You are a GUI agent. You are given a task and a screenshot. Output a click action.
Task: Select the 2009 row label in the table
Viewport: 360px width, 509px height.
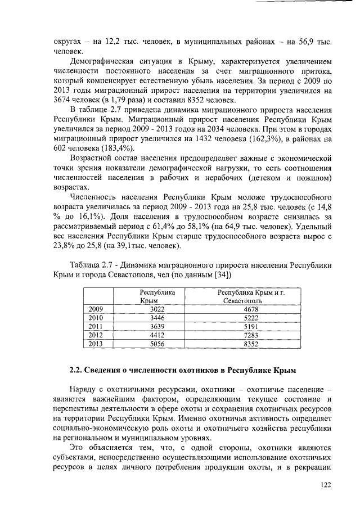point(97,309)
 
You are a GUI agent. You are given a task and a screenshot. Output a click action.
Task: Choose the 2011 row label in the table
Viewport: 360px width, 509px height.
point(97,326)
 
